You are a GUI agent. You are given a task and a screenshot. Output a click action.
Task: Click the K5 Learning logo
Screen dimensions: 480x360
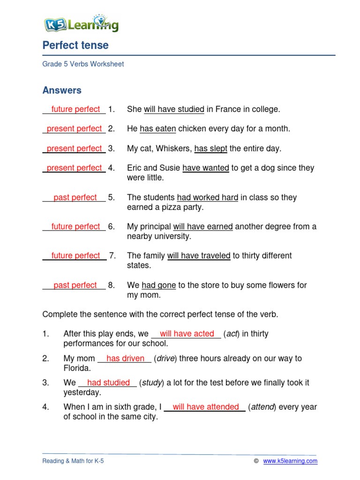(81, 23)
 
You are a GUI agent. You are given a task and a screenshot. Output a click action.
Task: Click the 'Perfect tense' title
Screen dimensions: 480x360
(75, 45)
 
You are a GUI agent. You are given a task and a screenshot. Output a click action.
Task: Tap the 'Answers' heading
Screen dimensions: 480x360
(62, 90)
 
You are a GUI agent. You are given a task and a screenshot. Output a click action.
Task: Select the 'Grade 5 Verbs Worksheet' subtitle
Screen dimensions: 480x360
(83, 64)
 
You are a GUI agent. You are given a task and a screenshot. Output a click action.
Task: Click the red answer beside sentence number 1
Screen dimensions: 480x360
(75, 109)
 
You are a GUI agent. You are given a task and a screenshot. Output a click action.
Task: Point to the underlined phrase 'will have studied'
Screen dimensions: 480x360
(174, 109)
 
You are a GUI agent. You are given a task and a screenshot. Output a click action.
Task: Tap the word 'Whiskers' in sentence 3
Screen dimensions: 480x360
(174, 149)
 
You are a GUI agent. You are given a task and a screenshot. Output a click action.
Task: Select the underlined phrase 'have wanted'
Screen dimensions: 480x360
(206, 168)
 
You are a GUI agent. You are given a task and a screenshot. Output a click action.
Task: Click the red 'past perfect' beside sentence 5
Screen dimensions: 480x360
(75, 197)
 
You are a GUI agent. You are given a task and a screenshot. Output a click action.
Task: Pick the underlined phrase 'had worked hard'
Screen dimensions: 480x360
(208, 197)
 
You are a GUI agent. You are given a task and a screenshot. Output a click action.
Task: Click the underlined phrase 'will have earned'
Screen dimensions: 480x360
(203, 226)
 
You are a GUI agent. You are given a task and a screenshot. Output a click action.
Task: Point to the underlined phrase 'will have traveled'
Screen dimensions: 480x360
(199, 255)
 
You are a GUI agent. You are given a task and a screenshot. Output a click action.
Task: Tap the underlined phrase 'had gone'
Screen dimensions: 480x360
(152, 285)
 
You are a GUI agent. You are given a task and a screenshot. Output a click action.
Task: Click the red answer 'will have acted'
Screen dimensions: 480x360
(187, 334)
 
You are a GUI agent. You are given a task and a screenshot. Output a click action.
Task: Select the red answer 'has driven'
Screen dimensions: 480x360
(125, 359)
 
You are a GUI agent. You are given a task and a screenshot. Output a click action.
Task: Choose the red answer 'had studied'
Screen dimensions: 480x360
(108, 382)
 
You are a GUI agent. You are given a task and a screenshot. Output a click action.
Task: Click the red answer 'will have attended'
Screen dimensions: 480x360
(206, 407)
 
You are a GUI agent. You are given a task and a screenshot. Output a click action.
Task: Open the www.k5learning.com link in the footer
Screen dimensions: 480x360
(290, 461)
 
